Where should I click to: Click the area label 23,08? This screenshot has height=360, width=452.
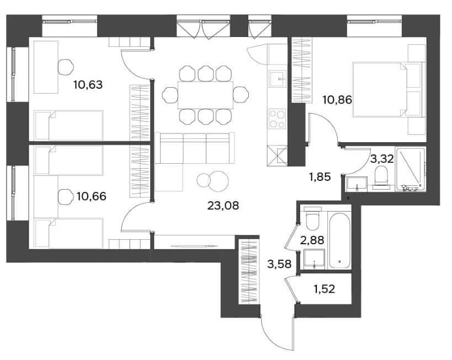tap(223, 206)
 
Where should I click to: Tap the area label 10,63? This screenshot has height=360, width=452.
tap(88, 85)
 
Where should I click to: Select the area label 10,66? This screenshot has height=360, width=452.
tap(92, 196)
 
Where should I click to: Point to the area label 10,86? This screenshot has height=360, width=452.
tap(337, 100)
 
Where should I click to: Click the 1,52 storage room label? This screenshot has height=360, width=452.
tap(325, 289)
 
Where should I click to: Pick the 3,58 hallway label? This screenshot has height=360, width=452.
tap(279, 264)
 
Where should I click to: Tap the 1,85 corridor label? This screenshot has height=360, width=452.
tap(320, 177)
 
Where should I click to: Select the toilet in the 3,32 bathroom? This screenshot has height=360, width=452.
tap(381, 177)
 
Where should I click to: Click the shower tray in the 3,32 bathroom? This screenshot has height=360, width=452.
tap(411, 169)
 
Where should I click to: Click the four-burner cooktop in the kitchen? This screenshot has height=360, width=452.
tap(277, 119)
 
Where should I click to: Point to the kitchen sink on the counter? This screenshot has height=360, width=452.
tap(278, 79)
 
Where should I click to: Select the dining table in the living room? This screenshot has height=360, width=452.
tap(205, 95)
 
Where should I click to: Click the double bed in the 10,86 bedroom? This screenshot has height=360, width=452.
tap(388, 89)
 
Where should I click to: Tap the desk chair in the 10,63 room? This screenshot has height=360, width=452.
tap(66, 67)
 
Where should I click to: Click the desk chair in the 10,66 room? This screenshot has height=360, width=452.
tap(66, 197)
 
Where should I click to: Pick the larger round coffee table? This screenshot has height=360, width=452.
tap(218, 181)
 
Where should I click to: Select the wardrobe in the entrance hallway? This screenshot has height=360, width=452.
tap(248, 272)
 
